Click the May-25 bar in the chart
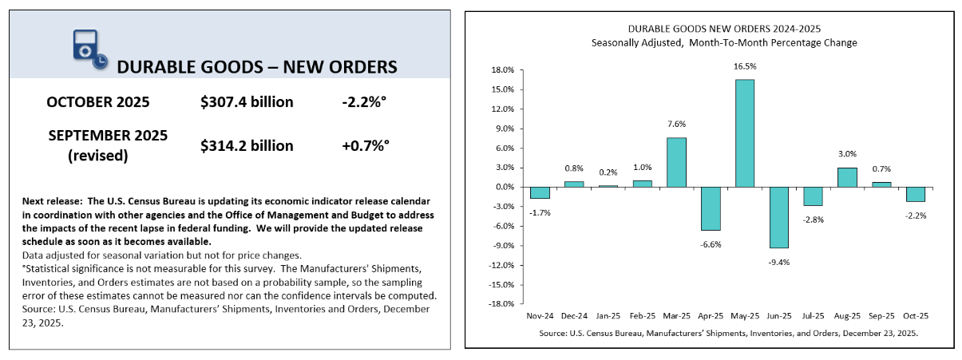coord(744,133)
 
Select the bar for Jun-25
coord(778,217)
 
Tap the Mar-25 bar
coord(676,162)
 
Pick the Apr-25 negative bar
coord(711,208)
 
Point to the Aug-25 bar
coord(847,177)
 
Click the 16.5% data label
coord(744,66)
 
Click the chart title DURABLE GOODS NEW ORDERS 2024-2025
coord(714,28)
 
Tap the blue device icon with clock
coord(85,49)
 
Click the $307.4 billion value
coord(247,102)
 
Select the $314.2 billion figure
coord(247,146)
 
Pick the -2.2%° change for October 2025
coord(365,102)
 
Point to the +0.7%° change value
coord(364,146)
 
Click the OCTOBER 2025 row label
coord(98,102)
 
